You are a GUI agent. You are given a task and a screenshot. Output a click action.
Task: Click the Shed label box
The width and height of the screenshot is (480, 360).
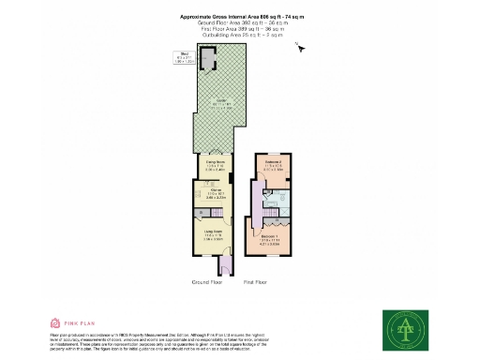tap(186, 56)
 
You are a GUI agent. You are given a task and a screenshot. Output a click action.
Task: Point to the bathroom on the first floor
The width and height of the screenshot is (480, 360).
tap(281, 200)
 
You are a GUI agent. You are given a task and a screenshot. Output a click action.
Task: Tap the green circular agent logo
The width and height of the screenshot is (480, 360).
tap(406, 330)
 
